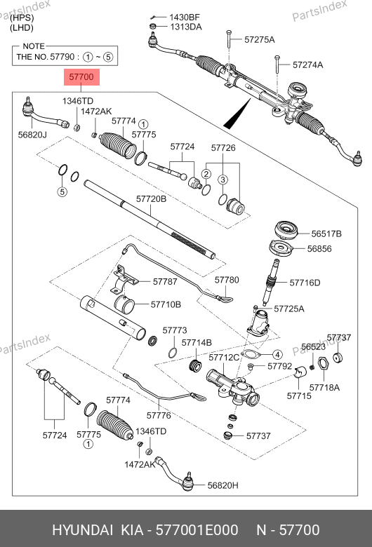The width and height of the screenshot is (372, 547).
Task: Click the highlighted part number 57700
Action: (81, 76)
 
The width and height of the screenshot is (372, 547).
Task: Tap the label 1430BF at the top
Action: (185, 17)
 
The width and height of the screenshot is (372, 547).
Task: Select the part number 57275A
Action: (260, 39)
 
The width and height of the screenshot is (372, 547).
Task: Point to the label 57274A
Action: (307, 65)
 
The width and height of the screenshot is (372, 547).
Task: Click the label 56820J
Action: (32, 135)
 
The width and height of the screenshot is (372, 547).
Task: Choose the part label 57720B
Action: (151, 199)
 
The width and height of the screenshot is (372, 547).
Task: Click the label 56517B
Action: (326, 234)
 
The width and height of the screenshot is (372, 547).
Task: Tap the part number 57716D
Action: (305, 283)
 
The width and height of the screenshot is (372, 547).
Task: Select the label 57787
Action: (165, 281)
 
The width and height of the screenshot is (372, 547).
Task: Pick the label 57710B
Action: (166, 304)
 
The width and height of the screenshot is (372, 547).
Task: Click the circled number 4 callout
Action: (277, 355)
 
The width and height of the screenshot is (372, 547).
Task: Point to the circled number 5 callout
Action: (62, 191)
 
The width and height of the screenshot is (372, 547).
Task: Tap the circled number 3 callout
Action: (223, 180)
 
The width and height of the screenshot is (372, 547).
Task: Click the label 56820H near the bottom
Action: (223, 485)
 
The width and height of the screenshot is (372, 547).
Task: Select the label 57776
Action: (159, 415)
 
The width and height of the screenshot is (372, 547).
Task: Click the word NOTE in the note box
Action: (34, 46)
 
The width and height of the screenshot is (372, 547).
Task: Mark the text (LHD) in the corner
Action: (22, 28)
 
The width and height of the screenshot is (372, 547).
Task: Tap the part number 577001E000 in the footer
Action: (197, 530)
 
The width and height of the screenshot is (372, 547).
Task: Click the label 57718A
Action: (324, 388)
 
